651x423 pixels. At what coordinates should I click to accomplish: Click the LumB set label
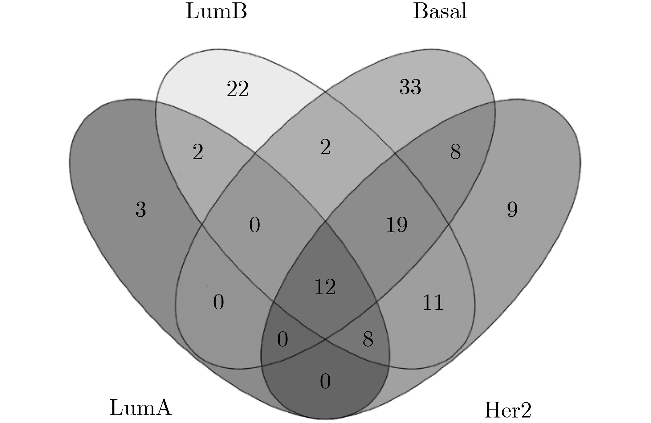point(216,12)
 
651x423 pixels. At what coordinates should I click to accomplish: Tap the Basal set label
point(440,12)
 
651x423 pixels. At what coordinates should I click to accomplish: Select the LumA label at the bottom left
point(140,408)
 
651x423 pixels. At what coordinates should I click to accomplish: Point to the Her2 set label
point(508,410)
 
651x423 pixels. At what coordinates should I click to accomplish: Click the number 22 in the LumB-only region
point(238,89)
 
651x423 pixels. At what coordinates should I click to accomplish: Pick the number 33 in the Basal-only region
point(410,87)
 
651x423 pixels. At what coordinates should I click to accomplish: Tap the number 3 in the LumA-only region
point(141,209)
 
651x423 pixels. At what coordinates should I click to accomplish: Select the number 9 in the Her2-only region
point(512,209)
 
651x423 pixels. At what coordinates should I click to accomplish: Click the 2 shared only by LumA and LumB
point(198,152)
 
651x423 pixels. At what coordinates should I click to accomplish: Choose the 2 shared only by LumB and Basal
point(325,147)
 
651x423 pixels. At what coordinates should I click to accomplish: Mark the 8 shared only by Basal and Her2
point(455,152)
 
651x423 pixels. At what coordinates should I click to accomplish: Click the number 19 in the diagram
point(397,225)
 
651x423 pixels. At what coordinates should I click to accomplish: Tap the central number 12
point(325,287)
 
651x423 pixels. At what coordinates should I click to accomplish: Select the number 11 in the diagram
point(433,302)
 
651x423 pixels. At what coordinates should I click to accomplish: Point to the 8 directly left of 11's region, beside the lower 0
point(368,339)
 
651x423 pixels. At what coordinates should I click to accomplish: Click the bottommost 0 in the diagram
point(325,382)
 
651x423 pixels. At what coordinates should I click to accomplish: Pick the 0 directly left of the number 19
point(255,225)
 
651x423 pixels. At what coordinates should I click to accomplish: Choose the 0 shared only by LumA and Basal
point(218,302)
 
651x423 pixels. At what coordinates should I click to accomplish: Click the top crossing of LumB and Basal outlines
point(325,92)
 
